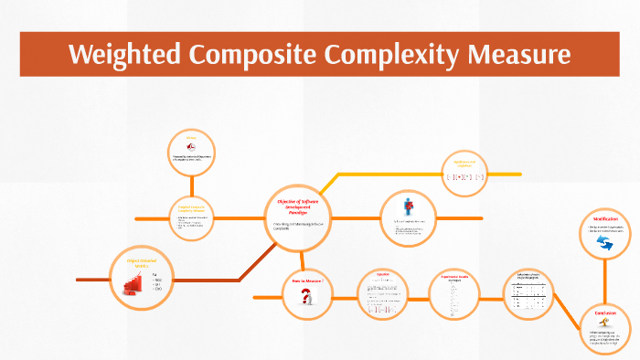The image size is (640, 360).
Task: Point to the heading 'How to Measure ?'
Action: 307,281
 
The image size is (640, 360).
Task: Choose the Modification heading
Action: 604,220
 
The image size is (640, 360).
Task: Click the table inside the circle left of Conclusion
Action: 531,294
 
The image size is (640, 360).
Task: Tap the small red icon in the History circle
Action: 190,150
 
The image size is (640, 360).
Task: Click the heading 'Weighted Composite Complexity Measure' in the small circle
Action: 191,208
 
